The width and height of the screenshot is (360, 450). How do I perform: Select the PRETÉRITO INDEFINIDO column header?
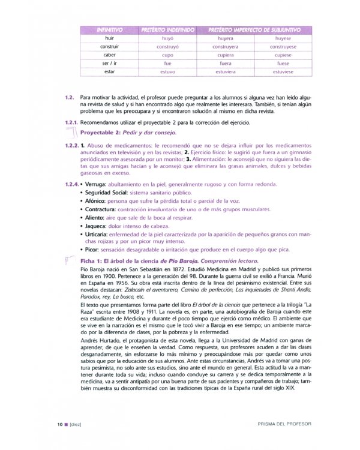click(168, 29)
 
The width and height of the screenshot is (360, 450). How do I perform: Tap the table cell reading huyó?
click(168, 38)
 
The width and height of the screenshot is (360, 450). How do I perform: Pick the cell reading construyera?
click(225, 46)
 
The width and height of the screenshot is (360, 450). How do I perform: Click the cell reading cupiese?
click(282, 55)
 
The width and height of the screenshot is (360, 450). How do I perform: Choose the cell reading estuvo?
click(168, 71)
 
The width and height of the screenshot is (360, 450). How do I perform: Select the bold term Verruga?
click(94, 185)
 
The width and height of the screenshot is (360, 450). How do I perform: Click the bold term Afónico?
click(96, 202)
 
